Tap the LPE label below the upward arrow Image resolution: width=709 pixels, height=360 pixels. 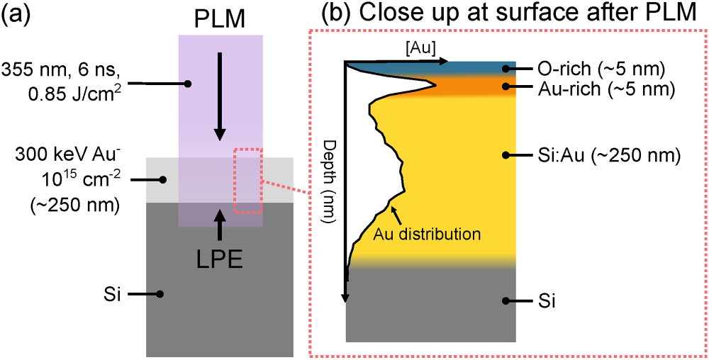219,257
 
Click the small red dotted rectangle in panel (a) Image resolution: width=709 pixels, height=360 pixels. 248,181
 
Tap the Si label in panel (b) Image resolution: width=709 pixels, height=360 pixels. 543,301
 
